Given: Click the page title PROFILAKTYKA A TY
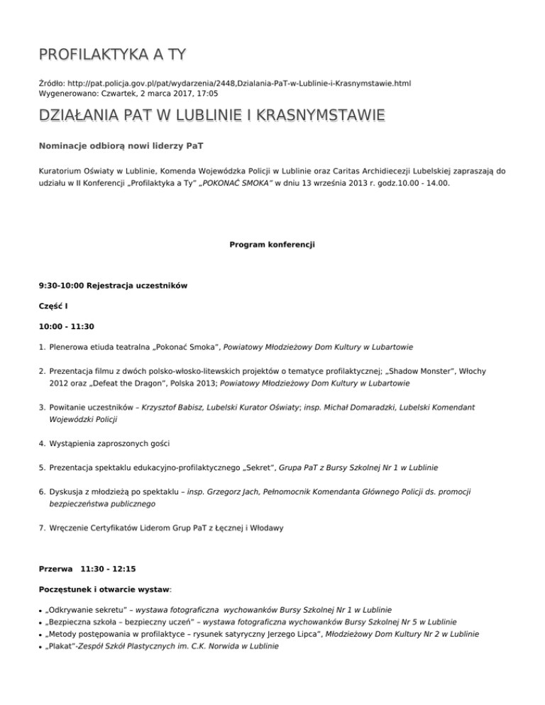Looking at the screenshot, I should click(113, 55).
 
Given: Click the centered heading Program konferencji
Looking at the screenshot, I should click(272, 245).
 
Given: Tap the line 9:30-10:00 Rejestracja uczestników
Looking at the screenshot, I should click(114, 285).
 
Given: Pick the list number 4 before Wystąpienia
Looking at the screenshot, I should click(42, 444).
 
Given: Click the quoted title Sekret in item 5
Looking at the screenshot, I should click(243, 468).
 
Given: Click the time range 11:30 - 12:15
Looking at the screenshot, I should click(111, 569).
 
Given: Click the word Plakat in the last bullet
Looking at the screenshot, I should click(59, 646).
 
